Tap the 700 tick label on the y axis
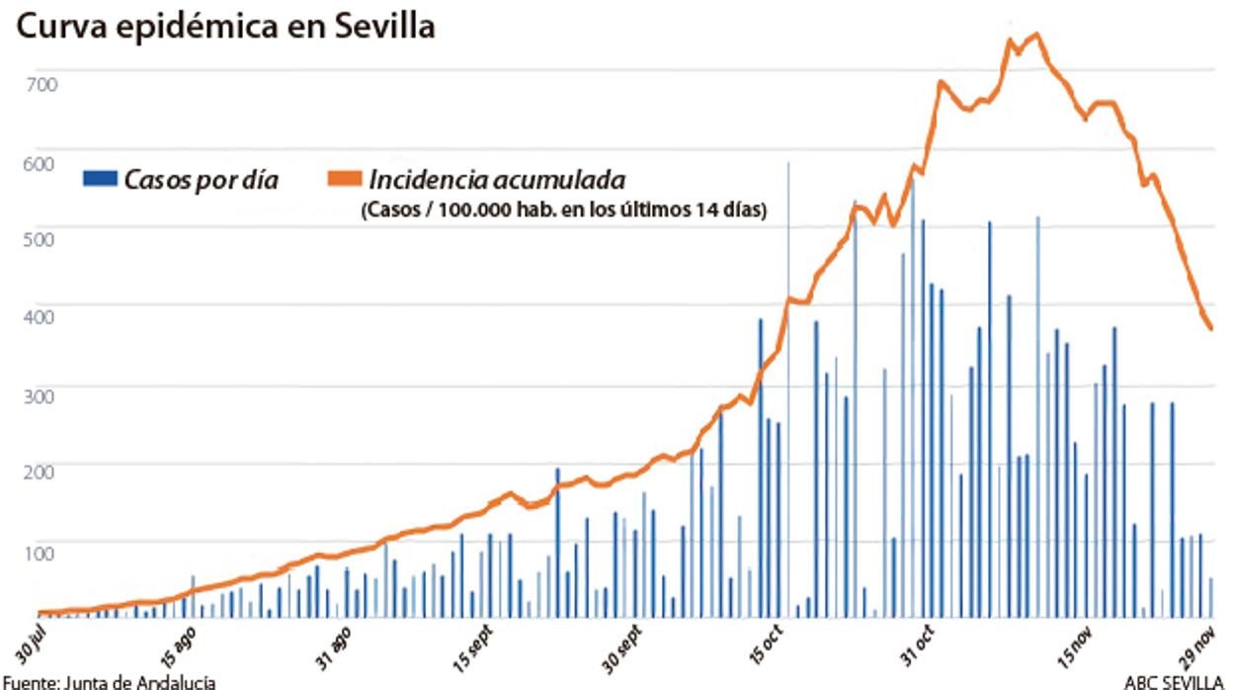pyautogui.click(x=41, y=84)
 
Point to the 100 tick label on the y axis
pyautogui.click(x=41, y=552)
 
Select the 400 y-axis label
pyautogui.click(x=41, y=318)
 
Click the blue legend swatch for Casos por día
pyautogui.click(x=101, y=179)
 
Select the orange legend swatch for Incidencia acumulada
pyautogui.click(x=343, y=179)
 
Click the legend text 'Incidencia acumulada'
pyautogui.click(x=496, y=180)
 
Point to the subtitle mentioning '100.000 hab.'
pyautogui.click(x=563, y=210)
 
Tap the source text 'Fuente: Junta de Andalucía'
pyautogui.click(x=109, y=681)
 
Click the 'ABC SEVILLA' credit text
pyautogui.click(x=1174, y=681)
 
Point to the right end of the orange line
pyautogui.click(x=1211, y=328)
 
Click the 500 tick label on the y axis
pyautogui.click(x=41, y=239)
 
